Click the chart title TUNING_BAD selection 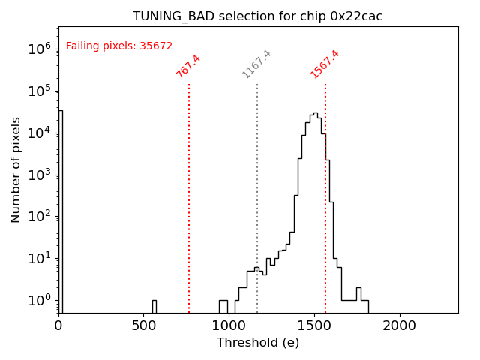(x=257, y=16)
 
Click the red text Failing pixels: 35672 (x=119, y=46)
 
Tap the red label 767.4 (x=188, y=67)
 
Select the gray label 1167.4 (x=256, y=64)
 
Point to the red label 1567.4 (x=325, y=64)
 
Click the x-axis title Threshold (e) (x=258, y=343)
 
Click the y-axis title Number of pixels (x=16, y=169)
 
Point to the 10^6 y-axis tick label (x=39, y=49)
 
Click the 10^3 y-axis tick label (x=39, y=175)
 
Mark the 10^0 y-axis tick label (x=39, y=301)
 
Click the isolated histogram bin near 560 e (x=154, y=306)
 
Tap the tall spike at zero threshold (x=60, y=210)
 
